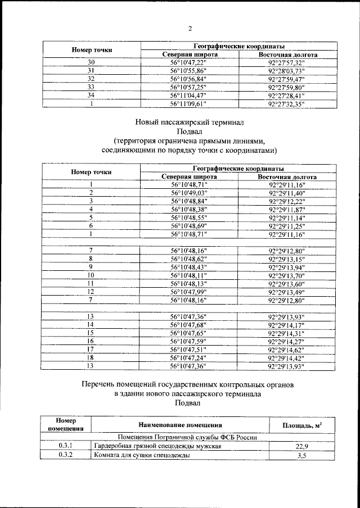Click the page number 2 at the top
[190, 29]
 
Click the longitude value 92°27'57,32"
[287, 62]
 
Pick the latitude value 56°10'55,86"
[189, 71]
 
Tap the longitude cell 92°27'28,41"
[287, 96]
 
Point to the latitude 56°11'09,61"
[189, 104]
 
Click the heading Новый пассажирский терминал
[190, 121]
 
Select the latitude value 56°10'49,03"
[189, 193]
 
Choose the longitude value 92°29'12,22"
[287, 201]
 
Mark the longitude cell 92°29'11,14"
[287, 217]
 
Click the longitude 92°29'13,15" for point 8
[287, 259]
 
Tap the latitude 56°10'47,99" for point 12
[189, 292]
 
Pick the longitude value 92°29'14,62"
[287, 349]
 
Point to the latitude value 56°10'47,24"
[189, 357]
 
